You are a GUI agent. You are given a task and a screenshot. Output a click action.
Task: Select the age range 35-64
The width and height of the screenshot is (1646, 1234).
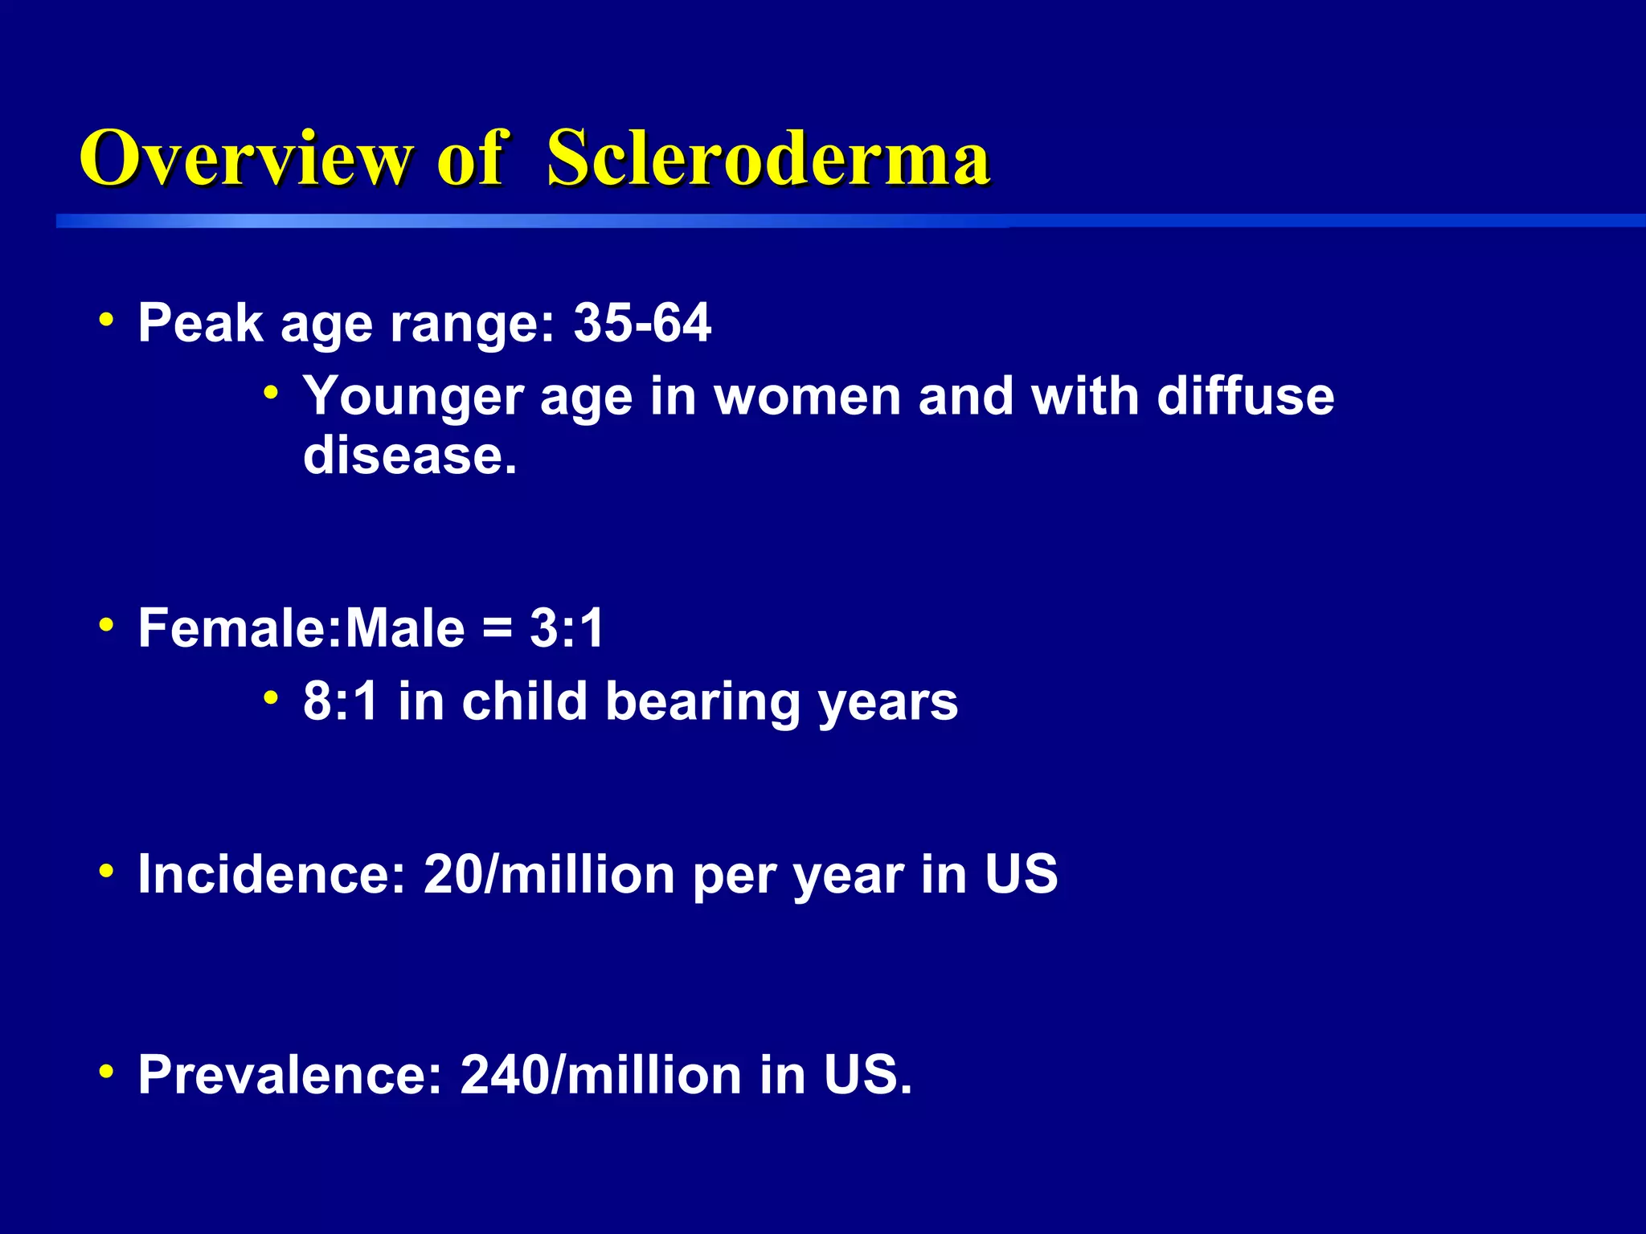click(x=642, y=323)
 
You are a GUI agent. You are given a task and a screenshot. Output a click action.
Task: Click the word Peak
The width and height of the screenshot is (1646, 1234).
click(x=201, y=323)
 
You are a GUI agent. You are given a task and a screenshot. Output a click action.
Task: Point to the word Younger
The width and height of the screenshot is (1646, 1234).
click(x=413, y=397)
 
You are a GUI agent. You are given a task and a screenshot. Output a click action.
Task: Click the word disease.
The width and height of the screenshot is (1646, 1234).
click(x=410, y=456)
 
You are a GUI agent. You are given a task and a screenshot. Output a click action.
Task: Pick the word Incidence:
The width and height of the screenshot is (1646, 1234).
click(x=272, y=874)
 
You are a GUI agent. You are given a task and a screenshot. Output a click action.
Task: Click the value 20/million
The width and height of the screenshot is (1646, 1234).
click(x=549, y=874)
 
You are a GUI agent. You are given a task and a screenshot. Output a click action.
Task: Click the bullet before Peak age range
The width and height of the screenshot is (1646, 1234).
click(x=106, y=321)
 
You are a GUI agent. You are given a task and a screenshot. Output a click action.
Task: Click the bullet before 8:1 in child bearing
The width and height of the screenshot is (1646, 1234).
click(x=272, y=698)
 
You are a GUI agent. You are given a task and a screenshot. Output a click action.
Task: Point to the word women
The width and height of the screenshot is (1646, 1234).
click(x=807, y=397)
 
